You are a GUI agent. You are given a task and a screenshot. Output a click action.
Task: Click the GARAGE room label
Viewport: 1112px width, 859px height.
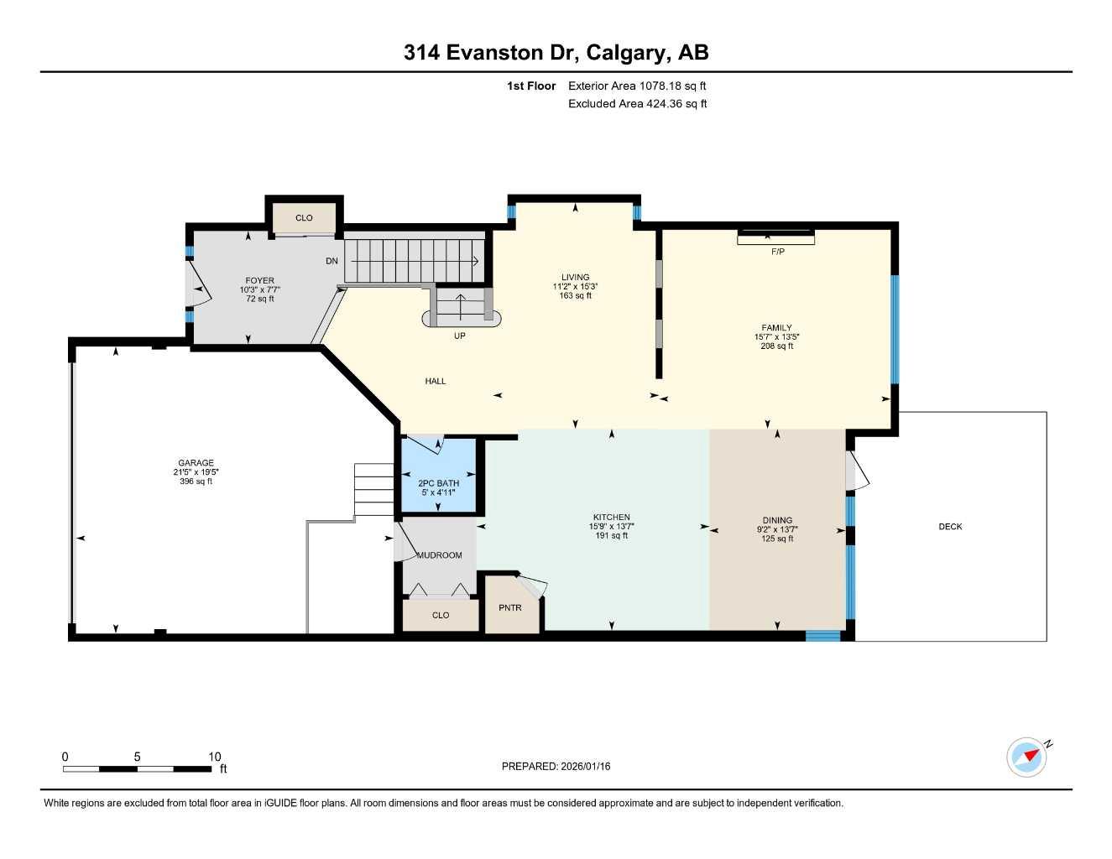pyautogui.click(x=196, y=463)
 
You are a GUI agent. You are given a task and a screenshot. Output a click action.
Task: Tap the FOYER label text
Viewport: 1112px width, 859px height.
pyautogui.click(x=259, y=281)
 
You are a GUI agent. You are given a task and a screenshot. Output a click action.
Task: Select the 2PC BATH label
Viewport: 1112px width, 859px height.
pyautogui.click(x=438, y=483)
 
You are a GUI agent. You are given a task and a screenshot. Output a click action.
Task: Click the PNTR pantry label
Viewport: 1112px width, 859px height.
pyautogui.click(x=510, y=607)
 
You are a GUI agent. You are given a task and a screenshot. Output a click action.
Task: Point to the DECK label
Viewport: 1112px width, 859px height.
pyautogui.click(x=950, y=527)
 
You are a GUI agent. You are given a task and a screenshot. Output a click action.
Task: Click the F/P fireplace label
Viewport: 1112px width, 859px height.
pyautogui.click(x=777, y=252)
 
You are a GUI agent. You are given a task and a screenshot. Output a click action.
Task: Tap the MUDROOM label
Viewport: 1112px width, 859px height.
pyautogui.click(x=439, y=555)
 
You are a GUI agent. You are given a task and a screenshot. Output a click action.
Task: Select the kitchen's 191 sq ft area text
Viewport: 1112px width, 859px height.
pyautogui.click(x=611, y=536)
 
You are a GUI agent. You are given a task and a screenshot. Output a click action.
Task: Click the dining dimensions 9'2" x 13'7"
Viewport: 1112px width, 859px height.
pyautogui.click(x=777, y=529)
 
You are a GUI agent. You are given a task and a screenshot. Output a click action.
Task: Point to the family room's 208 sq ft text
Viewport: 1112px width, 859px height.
pyautogui.click(x=776, y=346)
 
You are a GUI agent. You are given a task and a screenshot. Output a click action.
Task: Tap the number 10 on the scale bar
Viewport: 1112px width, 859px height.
pyautogui.click(x=215, y=757)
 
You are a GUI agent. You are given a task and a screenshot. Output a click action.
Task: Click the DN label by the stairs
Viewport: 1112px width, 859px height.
pyautogui.click(x=332, y=261)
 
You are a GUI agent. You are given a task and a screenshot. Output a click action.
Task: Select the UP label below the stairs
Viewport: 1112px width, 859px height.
pyautogui.click(x=459, y=336)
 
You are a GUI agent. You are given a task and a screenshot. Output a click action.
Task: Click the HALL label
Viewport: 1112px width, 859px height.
pyautogui.click(x=435, y=381)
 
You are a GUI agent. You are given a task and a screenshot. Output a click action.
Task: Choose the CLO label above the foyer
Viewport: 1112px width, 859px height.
pyautogui.click(x=304, y=218)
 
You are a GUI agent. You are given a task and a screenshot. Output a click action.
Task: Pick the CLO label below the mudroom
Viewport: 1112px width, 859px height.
pyautogui.click(x=441, y=615)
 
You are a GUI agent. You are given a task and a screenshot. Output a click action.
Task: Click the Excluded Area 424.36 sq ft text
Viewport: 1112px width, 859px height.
pyautogui.click(x=637, y=104)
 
